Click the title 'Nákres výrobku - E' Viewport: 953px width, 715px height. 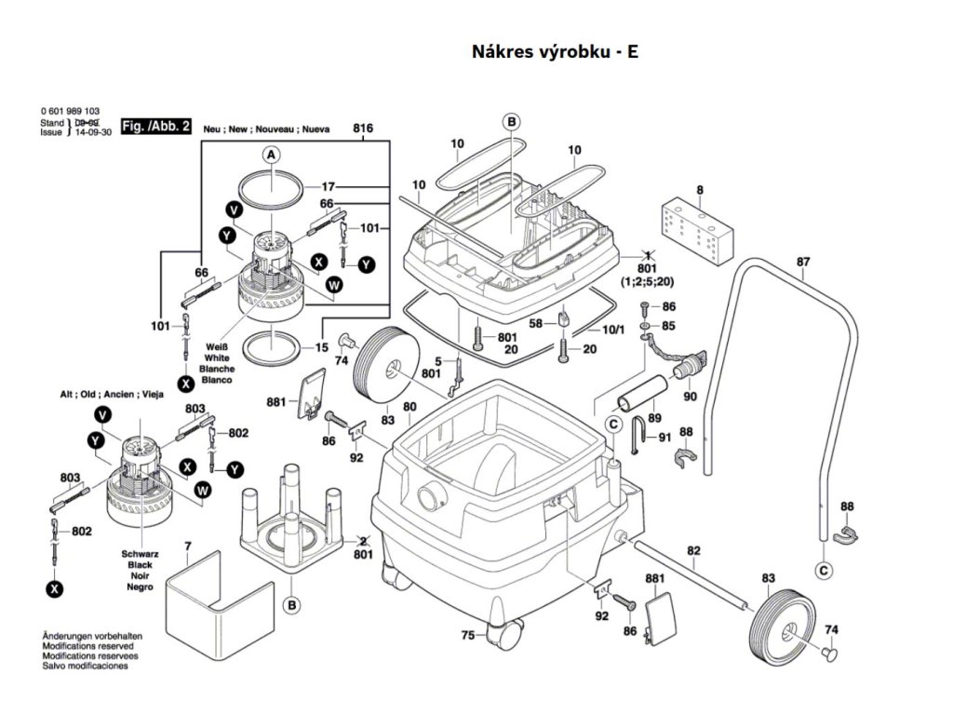coord(556,52)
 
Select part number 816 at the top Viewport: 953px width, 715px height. coord(363,128)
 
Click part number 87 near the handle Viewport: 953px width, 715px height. coord(803,262)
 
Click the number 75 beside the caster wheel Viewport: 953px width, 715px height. coord(468,636)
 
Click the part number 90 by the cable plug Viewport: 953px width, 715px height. coord(690,398)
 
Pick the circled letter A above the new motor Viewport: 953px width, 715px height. coord(271,155)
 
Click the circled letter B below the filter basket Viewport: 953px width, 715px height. coord(292,606)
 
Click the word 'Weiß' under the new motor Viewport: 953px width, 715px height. coord(217,346)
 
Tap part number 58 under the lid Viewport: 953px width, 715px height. coord(535,323)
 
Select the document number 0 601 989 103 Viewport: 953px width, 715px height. coord(71,111)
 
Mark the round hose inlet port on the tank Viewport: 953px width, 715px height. coord(431,494)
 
